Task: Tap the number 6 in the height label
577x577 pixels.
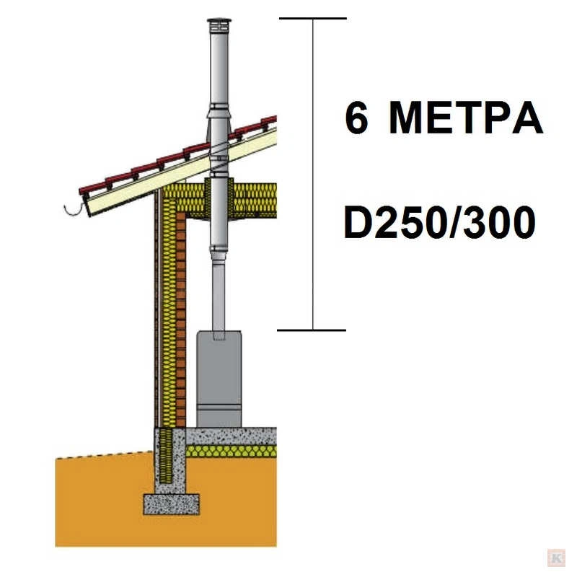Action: click(356, 118)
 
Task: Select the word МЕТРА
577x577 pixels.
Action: click(465, 118)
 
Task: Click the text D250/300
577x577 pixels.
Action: click(439, 222)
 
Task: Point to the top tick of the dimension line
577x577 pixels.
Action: click(313, 18)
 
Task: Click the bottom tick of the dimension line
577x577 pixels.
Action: click(312, 330)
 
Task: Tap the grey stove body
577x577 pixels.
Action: click(219, 379)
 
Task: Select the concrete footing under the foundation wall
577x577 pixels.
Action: click(171, 504)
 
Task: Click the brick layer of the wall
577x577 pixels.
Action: click(181, 320)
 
